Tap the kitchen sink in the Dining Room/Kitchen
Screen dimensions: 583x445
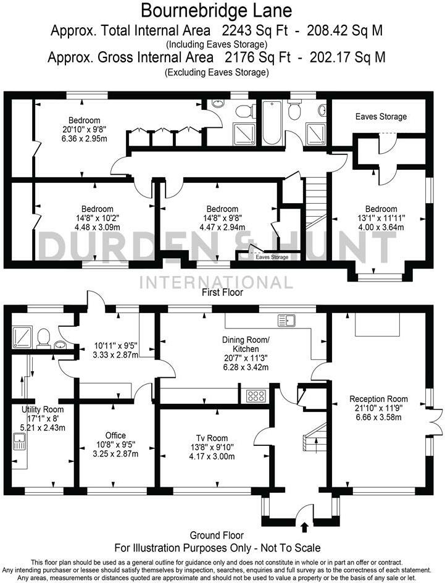coord(287,320)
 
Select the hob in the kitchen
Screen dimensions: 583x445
coord(256,395)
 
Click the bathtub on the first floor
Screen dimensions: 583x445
coord(272,123)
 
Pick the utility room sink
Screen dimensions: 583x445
coord(19,442)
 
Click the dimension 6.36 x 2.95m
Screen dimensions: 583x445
coord(84,138)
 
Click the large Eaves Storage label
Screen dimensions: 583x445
coord(381,116)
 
